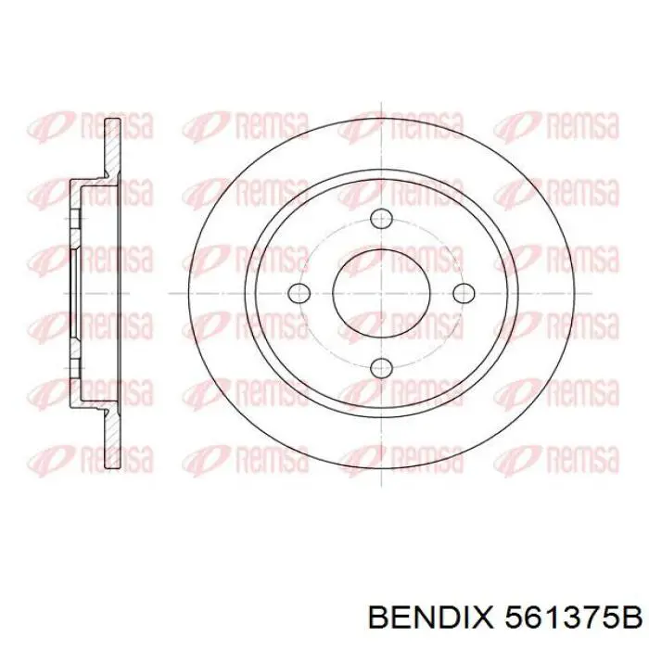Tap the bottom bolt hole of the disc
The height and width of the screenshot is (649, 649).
(381, 368)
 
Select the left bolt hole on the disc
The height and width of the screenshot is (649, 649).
(299, 293)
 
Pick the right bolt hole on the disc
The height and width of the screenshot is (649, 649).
(463, 293)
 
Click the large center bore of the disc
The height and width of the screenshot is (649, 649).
(381, 293)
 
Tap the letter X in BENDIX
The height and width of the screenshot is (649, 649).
(487, 617)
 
